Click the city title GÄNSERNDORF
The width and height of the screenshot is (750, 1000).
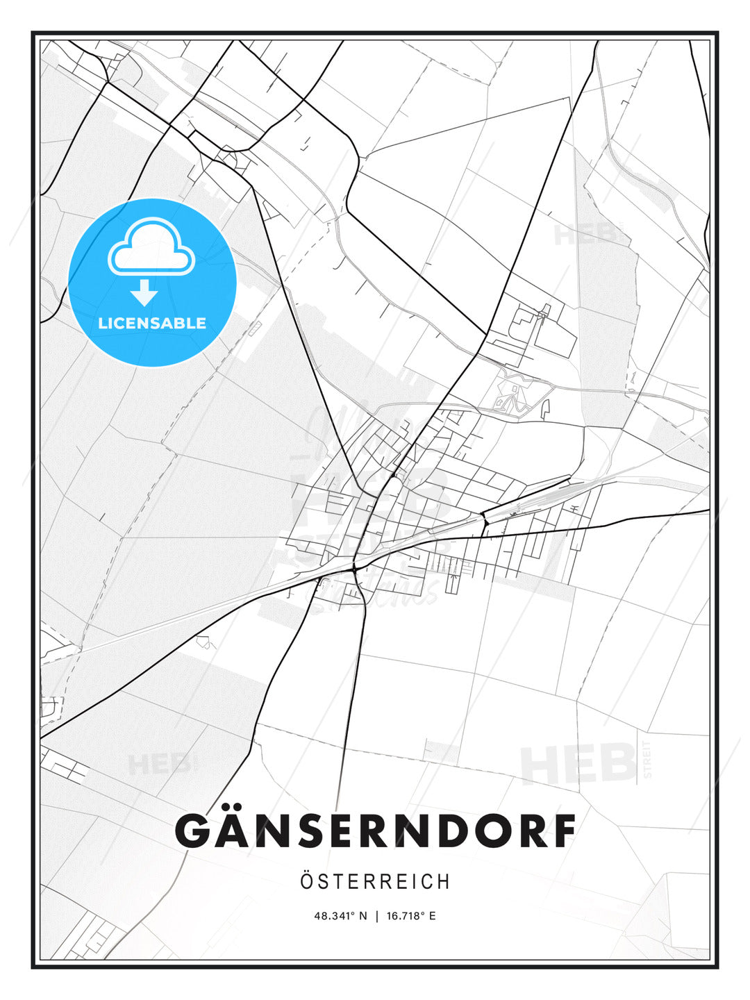(x=375, y=831)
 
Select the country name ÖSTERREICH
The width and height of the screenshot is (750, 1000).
(x=375, y=882)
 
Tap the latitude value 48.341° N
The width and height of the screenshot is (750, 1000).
(x=340, y=916)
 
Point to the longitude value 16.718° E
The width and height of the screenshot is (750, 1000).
(x=411, y=916)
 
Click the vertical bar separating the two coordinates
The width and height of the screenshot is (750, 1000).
(x=376, y=916)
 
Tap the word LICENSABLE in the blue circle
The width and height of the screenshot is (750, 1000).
(x=152, y=323)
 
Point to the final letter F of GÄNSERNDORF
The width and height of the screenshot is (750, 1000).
(x=563, y=831)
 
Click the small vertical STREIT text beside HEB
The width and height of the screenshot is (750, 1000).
(x=648, y=760)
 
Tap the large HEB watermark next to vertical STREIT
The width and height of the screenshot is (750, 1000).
(x=578, y=764)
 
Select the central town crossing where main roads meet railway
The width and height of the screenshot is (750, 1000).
(x=354, y=567)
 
